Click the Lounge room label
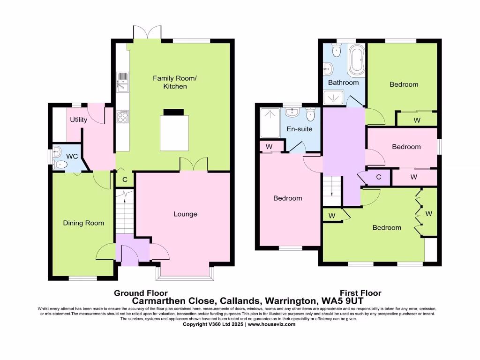click(185, 214)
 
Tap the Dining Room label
click(83, 223)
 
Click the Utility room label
click(78, 120)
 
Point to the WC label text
click(72, 156)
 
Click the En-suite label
click(300, 129)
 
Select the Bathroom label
click(343, 82)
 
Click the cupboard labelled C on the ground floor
click(125, 179)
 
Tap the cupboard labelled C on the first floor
click(378, 177)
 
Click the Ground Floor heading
click(141, 293)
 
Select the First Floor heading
click(361, 293)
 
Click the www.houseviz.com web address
click(271, 324)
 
